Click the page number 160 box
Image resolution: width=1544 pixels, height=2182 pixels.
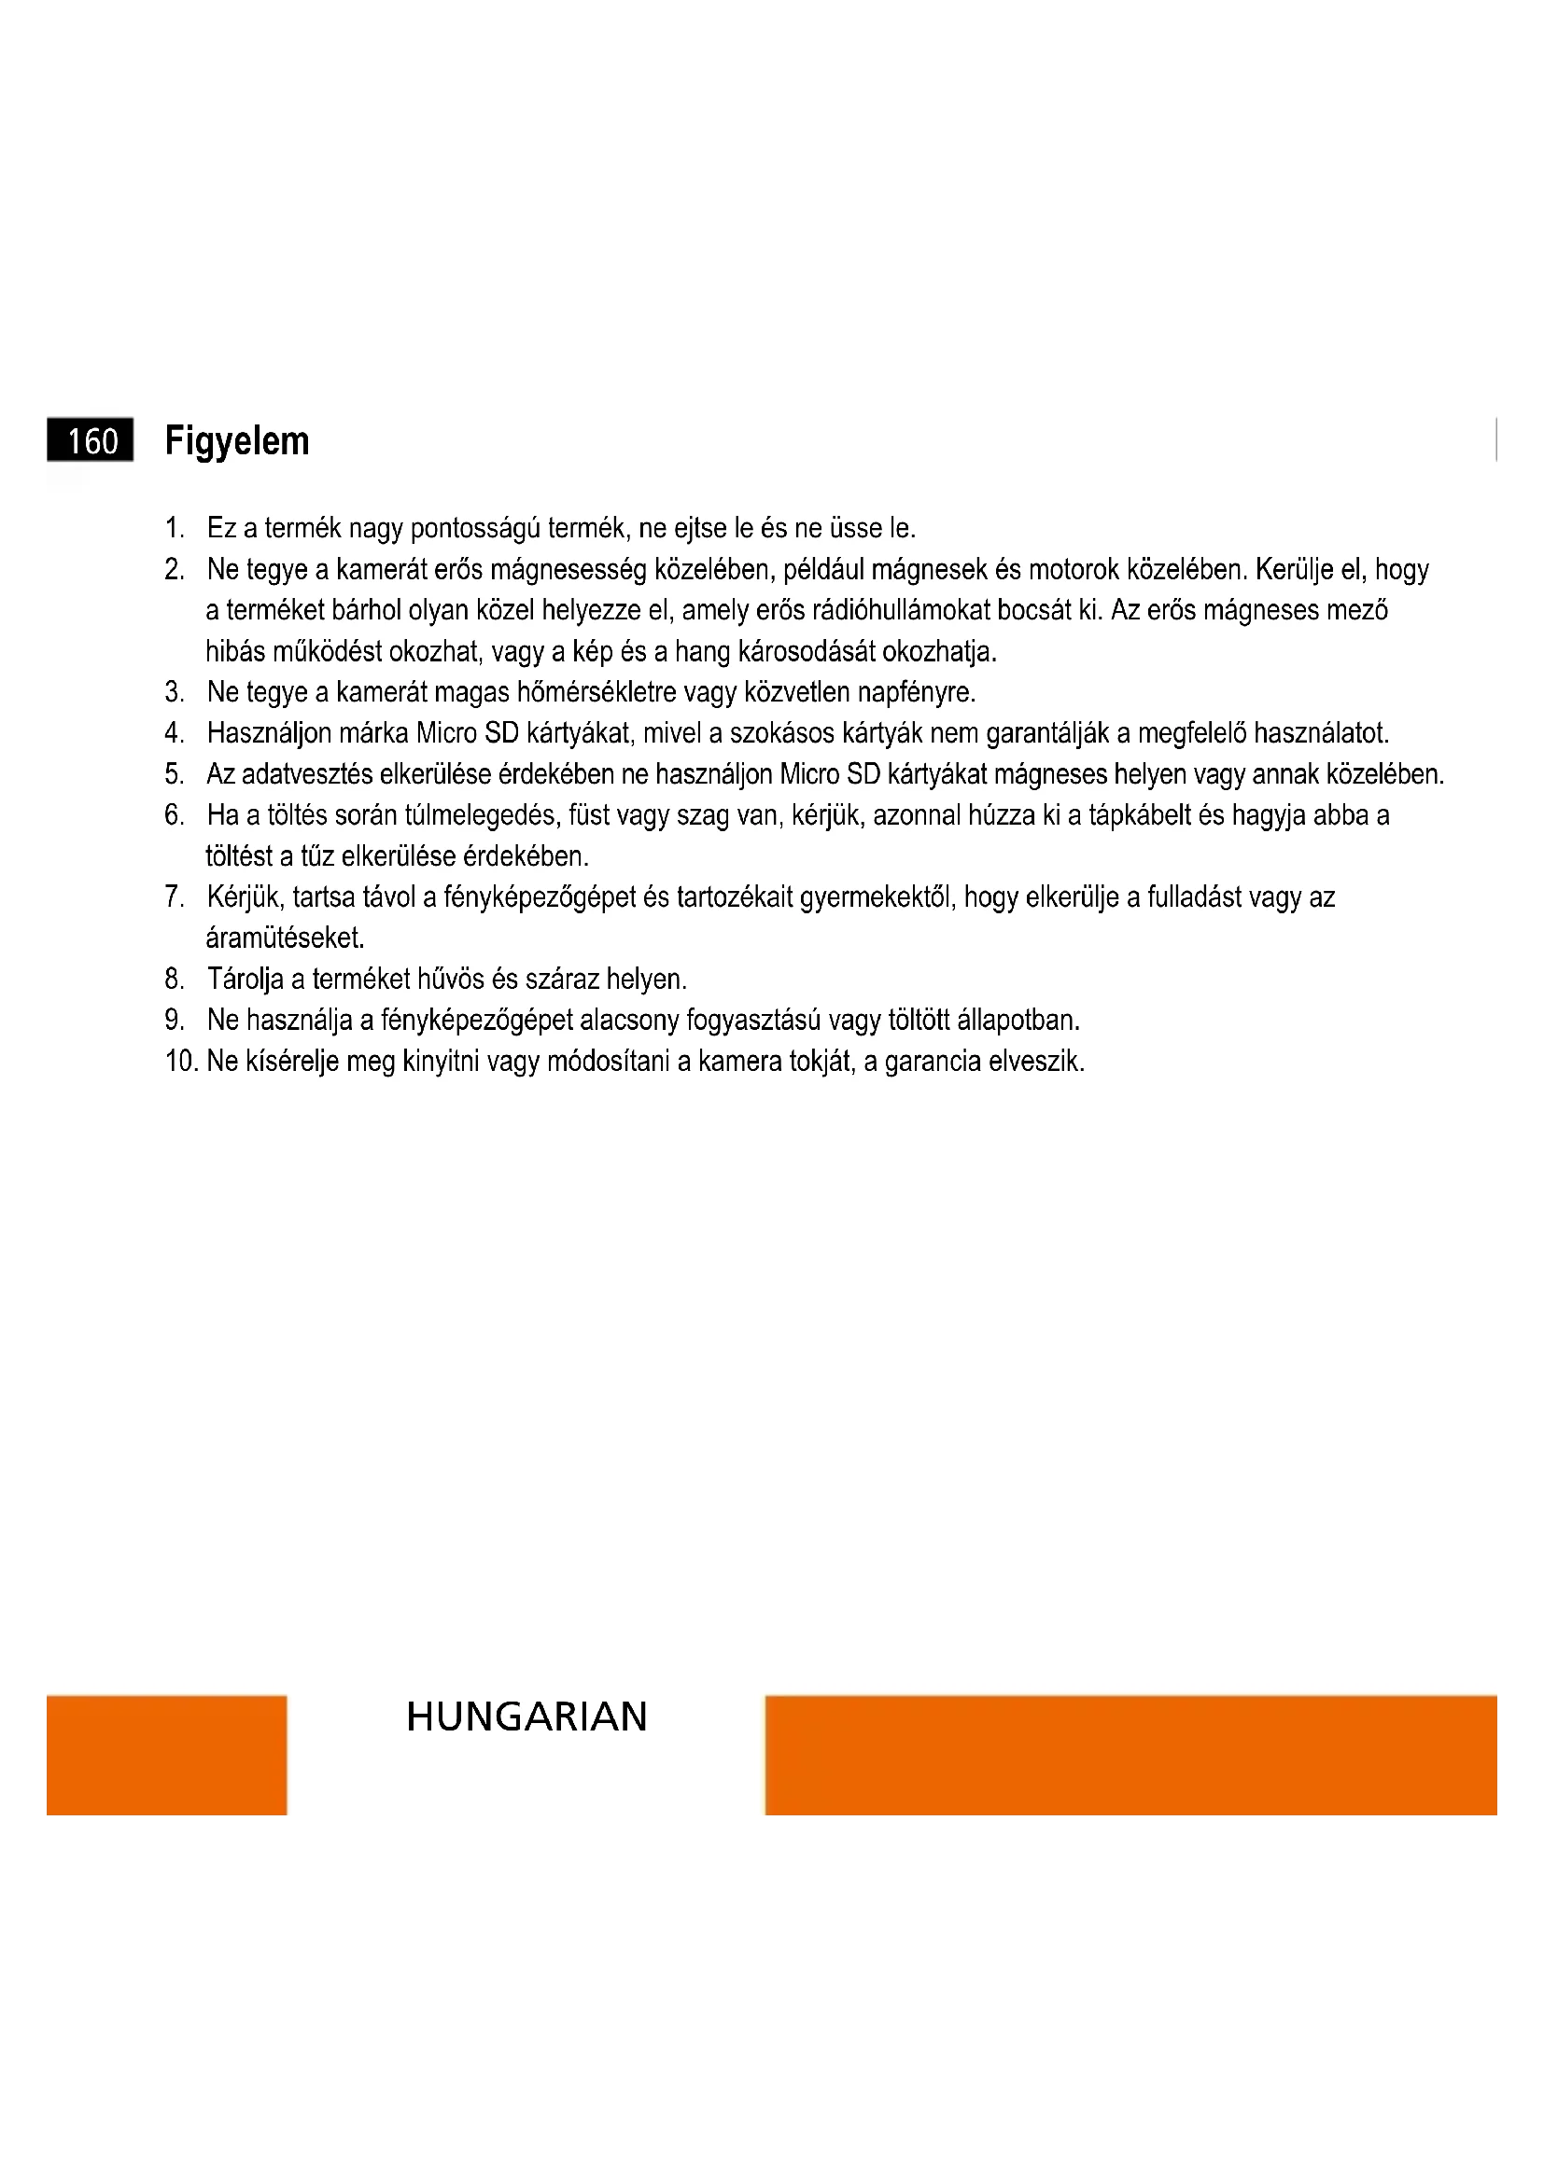coord(90,441)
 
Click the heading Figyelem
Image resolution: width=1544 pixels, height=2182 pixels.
coord(237,441)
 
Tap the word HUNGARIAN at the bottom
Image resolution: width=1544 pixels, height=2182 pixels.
coord(526,1717)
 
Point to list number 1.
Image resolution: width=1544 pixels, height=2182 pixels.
coord(173,527)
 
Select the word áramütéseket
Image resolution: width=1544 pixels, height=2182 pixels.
coord(285,939)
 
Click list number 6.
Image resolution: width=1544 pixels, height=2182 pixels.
coord(173,815)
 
